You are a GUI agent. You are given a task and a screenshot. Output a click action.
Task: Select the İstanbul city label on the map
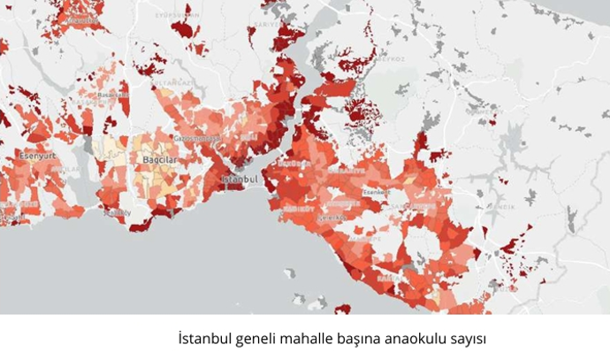point(240,180)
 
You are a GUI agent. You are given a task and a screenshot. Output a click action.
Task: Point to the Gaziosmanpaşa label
point(195,139)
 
